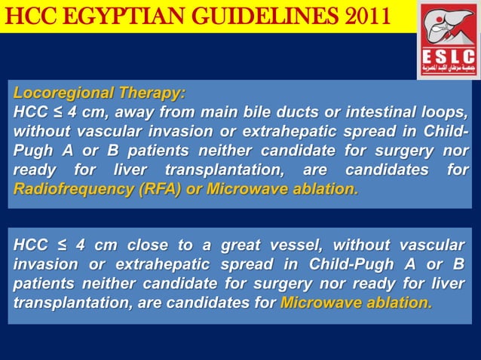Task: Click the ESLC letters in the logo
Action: point(448,56)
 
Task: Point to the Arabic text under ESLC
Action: point(448,70)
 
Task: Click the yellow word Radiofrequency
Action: point(62,189)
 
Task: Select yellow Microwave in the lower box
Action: point(316,304)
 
